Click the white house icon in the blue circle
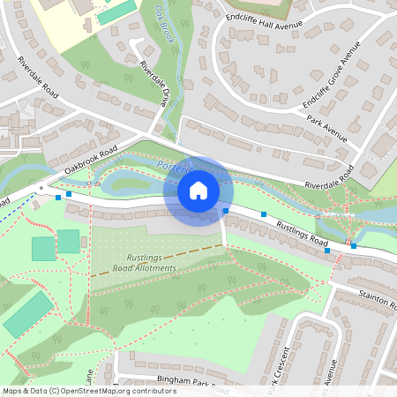pyautogui.click(x=198, y=190)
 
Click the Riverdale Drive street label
pyautogui.click(x=153, y=85)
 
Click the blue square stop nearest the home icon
pyautogui.click(x=226, y=211)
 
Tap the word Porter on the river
pyautogui.click(x=171, y=165)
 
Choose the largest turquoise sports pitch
pyautogui.click(x=26, y=313)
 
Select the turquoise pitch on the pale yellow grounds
pyautogui.click(x=116, y=12)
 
